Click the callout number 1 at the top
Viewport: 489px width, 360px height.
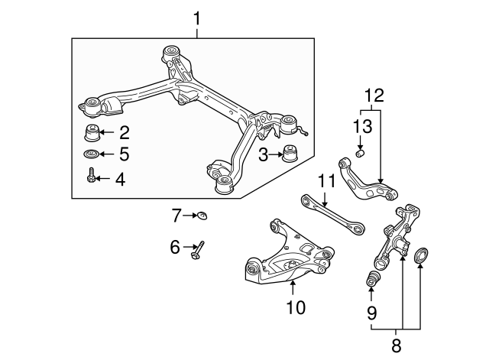coord(198,16)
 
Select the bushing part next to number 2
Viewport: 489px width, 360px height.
coord(92,133)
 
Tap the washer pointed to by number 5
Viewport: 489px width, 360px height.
coord(92,155)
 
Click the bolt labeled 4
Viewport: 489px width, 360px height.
coord(91,177)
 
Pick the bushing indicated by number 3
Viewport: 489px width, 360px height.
coord(290,152)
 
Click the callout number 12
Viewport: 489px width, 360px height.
coord(374,96)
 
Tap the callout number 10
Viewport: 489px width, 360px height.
coord(295,307)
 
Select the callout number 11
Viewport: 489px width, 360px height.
coord(327,182)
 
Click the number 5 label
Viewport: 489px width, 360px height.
coord(123,155)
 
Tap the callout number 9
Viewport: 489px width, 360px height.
coord(372,312)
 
